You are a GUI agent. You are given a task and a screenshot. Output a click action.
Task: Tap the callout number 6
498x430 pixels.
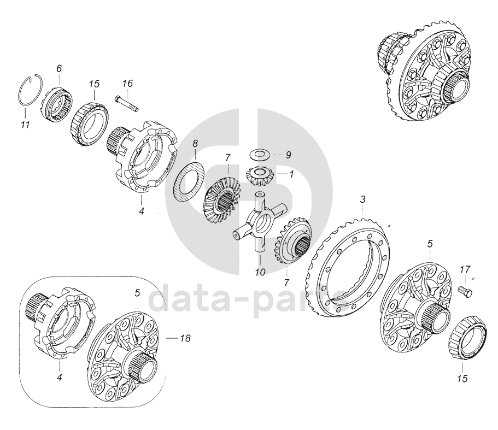click(x=58, y=68)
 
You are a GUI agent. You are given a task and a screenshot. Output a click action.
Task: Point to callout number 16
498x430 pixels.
click(x=127, y=84)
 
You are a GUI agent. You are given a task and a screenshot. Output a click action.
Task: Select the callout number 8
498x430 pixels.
click(x=195, y=144)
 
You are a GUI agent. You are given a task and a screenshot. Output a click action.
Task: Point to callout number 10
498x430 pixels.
click(x=260, y=272)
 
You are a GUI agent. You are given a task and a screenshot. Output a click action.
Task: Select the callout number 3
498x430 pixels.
click(x=362, y=201)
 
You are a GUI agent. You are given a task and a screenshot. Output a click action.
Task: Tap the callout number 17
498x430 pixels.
click(x=464, y=269)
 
